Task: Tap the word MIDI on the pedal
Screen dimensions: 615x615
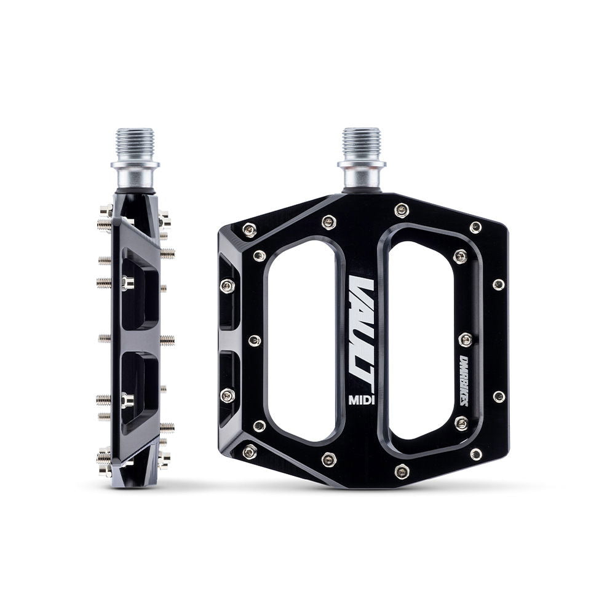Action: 363,399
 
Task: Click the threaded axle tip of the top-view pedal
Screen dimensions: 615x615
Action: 361,143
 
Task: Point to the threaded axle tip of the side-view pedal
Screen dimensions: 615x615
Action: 135,143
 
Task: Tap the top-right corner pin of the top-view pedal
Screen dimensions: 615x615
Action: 475,227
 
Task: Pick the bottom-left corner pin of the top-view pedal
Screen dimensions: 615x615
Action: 249,452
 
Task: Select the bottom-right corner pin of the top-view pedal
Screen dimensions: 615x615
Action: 475,454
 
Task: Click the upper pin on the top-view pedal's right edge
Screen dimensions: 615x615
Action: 499,284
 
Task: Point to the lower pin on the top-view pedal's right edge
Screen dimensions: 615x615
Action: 499,397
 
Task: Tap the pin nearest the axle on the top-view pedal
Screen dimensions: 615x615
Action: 402,210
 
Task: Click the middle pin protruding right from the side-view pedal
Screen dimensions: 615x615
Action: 167,339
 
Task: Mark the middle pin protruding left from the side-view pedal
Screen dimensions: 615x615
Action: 104,338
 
